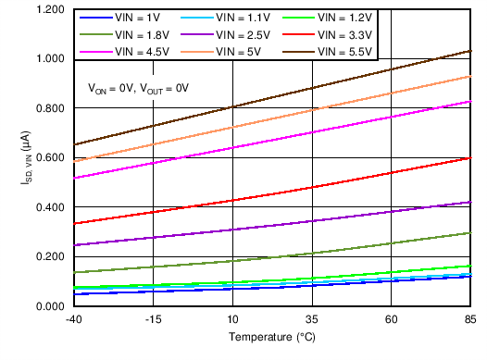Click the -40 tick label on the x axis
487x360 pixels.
[72, 319]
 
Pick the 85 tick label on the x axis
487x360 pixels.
[470, 319]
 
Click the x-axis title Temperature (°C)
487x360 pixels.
[272, 337]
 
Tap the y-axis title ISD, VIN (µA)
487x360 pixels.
[27, 157]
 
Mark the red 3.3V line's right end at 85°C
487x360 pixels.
[470, 158]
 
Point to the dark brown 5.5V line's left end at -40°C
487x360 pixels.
[72, 144]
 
